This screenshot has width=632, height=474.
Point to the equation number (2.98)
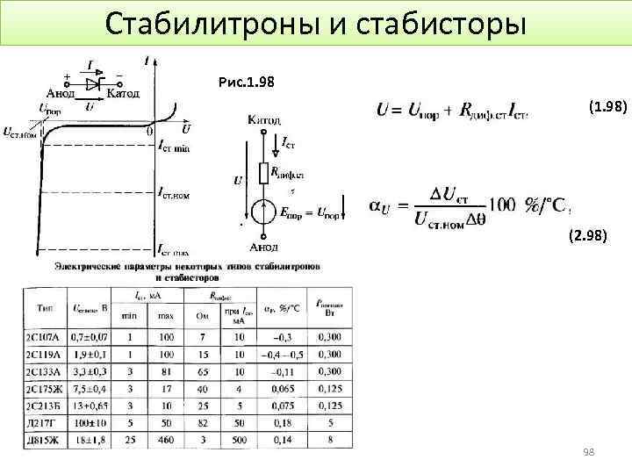pyautogui.click(x=586, y=235)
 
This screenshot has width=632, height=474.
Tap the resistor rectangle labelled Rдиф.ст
pyautogui.click(x=262, y=172)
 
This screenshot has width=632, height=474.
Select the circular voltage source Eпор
pyautogui.click(x=262, y=212)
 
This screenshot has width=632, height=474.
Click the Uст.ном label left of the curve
pyautogui.click(x=19, y=133)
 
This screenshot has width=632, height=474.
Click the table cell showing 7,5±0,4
pyautogui.click(x=90, y=388)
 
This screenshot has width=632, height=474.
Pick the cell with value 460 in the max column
pyautogui.click(x=167, y=439)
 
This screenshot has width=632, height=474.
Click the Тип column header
pyautogui.click(x=44, y=309)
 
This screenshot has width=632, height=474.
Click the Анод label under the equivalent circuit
pyautogui.click(x=263, y=247)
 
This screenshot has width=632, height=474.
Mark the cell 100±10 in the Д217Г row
pyautogui.click(x=90, y=422)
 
